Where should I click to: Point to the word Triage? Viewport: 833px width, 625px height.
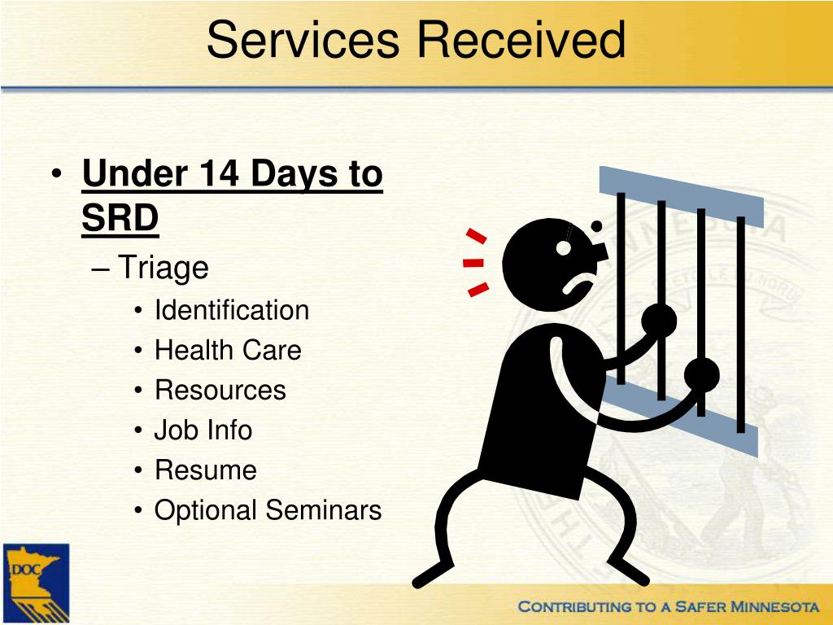point(164,267)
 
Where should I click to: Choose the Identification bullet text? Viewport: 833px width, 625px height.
point(232,310)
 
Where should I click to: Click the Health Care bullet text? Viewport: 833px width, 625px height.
point(228,350)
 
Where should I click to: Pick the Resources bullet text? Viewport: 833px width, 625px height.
point(220,390)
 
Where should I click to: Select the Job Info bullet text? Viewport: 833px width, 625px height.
point(203,430)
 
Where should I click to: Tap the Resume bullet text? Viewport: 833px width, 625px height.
point(206,470)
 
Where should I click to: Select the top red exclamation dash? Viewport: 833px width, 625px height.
point(477,237)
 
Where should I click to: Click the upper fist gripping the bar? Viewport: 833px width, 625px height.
point(659,320)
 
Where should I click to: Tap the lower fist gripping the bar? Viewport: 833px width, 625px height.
point(701,374)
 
